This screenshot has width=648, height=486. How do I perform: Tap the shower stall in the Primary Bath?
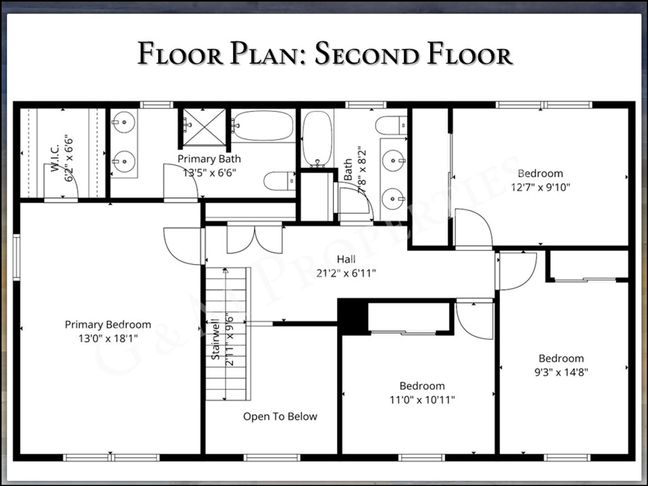click(204, 127)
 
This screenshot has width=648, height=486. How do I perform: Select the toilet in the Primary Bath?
click(279, 181)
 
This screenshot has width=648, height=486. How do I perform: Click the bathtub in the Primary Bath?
click(263, 126)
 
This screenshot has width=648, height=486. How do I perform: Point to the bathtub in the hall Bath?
click(317, 138)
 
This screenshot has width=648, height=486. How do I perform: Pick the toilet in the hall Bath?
click(391, 125)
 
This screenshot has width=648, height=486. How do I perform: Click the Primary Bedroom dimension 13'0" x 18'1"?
click(108, 338)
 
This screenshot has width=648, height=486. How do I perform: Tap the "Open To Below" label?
click(280, 416)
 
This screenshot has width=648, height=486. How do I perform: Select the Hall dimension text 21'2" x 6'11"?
click(346, 273)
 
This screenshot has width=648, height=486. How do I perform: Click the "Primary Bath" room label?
click(209, 159)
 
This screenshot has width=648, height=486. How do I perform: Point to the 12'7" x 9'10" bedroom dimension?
click(540, 187)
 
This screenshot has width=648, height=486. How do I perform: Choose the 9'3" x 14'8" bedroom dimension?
click(561, 372)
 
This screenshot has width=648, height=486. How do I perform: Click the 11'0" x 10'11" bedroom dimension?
click(422, 400)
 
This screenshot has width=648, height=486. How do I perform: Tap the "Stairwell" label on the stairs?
click(216, 339)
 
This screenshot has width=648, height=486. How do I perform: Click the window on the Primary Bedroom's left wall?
click(17, 256)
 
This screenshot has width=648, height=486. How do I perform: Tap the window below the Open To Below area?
click(272, 458)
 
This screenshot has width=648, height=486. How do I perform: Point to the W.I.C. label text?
click(55, 158)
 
